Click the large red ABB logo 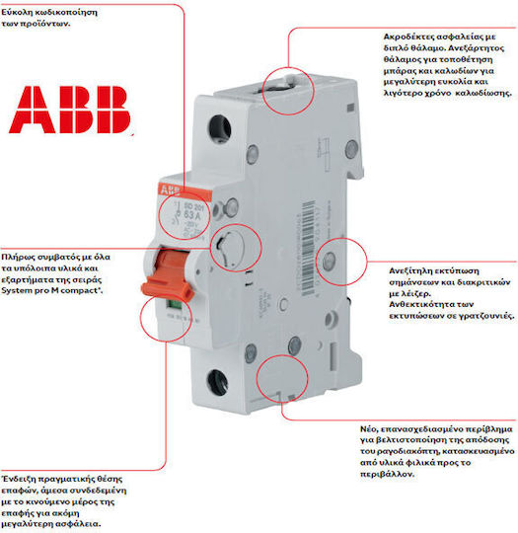(70, 110)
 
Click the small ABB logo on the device (170, 189)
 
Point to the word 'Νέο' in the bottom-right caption (367, 431)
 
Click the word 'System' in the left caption (21, 291)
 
